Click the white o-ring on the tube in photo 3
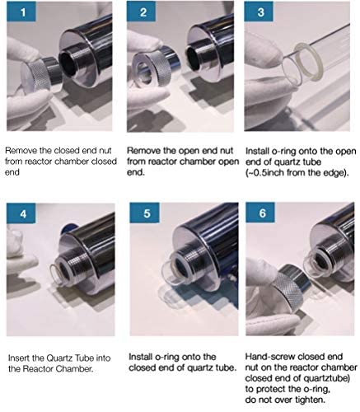tap(309, 62)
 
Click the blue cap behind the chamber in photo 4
tap(67, 228)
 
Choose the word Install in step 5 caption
tap(141, 357)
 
